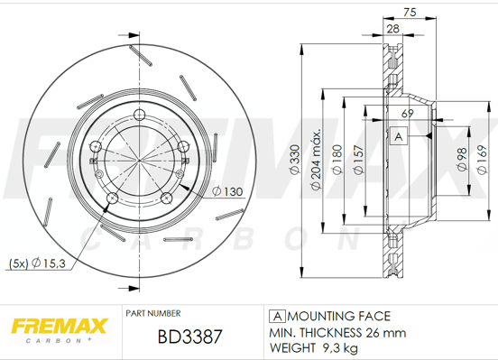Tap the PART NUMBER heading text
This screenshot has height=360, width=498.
155,313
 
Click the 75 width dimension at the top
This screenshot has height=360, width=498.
409,13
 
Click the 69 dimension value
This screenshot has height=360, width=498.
407,113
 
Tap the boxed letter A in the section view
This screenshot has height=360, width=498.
397,136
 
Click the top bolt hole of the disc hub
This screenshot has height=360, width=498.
139,114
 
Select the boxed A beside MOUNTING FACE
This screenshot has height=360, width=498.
278,316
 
